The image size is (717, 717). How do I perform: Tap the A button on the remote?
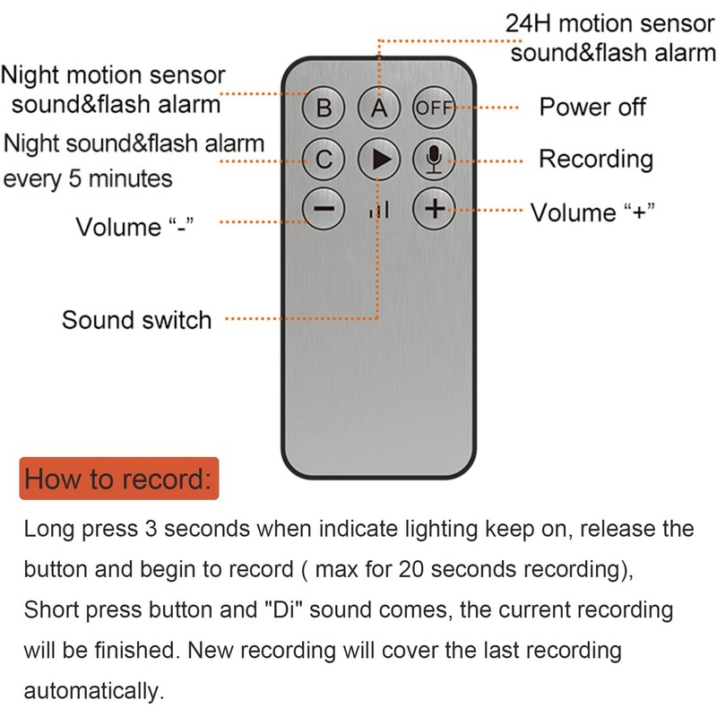point(378,108)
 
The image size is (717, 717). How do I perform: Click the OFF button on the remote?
point(434,108)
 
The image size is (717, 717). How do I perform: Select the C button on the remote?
point(324,160)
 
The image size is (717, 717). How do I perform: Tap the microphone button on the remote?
point(434,160)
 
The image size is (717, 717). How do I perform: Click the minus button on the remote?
point(324,209)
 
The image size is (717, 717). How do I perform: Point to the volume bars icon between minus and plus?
point(379,211)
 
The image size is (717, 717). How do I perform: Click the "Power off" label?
point(592,107)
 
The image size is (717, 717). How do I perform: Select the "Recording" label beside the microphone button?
point(596,160)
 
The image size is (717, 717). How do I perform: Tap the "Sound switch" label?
point(137,320)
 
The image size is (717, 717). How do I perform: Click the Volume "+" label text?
point(592,212)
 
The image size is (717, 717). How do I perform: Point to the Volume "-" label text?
point(135,227)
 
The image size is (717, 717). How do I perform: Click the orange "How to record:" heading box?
point(119,479)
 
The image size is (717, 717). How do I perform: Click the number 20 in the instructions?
point(411,569)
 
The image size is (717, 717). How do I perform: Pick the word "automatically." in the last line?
point(94,690)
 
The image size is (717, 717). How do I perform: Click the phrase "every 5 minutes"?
point(88,178)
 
